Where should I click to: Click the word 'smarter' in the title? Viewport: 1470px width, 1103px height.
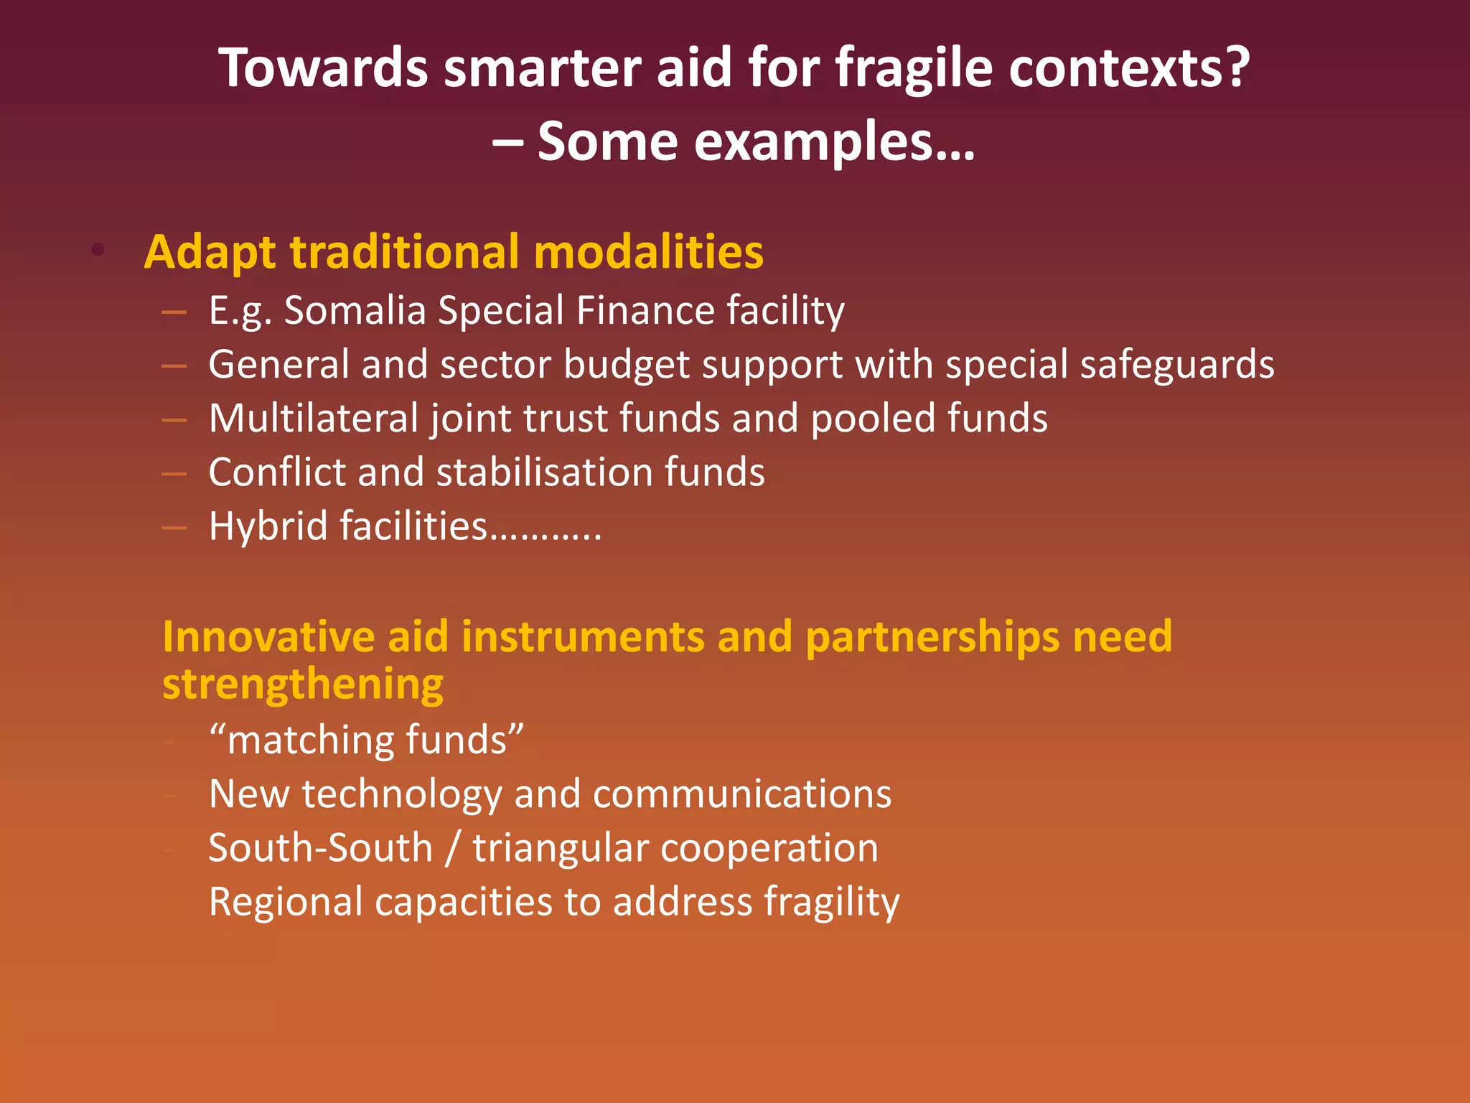[542, 68]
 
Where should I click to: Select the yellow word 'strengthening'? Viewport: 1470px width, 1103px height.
[303, 684]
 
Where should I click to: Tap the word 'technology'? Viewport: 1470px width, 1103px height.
[402, 795]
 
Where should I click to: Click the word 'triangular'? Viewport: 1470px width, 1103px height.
[560, 849]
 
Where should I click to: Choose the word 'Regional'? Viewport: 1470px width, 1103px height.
[286, 902]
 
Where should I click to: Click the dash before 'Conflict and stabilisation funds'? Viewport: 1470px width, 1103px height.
[174, 474]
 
